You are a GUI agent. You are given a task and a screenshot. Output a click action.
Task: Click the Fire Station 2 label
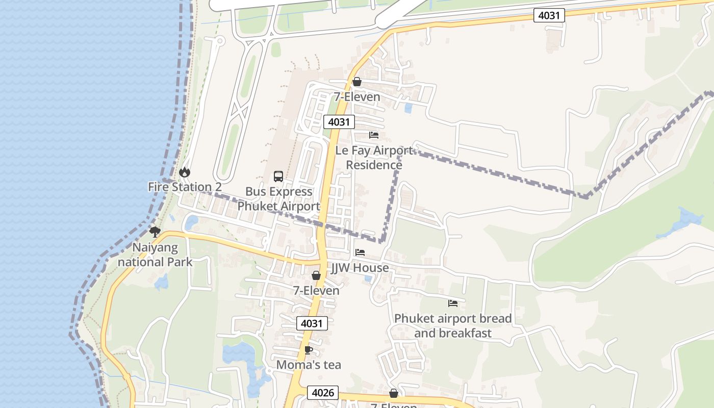point(185,187)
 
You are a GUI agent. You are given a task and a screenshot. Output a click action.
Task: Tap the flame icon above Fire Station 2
point(185,172)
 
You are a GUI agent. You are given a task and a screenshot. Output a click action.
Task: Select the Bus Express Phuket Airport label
point(278,199)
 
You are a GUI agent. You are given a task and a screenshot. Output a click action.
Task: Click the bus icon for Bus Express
point(278,176)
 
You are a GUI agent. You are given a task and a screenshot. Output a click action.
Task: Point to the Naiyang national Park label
point(155,255)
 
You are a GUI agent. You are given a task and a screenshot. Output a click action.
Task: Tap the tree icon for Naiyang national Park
point(155,232)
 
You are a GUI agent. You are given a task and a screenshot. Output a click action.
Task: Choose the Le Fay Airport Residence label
point(374,158)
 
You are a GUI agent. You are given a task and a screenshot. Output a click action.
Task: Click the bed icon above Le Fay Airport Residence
point(374,135)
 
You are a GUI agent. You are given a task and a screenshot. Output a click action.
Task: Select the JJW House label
point(360,268)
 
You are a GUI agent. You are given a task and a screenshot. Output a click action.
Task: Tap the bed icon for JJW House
point(360,252)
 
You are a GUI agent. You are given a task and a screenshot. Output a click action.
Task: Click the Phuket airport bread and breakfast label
point(453,326)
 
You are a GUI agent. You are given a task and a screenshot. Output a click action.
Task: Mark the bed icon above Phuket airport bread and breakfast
point(453,303)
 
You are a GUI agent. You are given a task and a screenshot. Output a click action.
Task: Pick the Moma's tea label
point(309,365)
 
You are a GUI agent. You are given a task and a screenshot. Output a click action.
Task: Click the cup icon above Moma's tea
point(308,350)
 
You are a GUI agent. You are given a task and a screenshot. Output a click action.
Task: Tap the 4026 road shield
point(323,393)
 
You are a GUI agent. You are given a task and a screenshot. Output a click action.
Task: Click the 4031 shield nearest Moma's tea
point(312,323)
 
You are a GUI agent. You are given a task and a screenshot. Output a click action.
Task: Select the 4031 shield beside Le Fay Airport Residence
point(339,122)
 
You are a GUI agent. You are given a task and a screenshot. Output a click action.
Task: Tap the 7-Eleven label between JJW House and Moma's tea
point(316,291)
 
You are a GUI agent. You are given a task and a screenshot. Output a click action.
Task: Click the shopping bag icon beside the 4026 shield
point(394,393)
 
